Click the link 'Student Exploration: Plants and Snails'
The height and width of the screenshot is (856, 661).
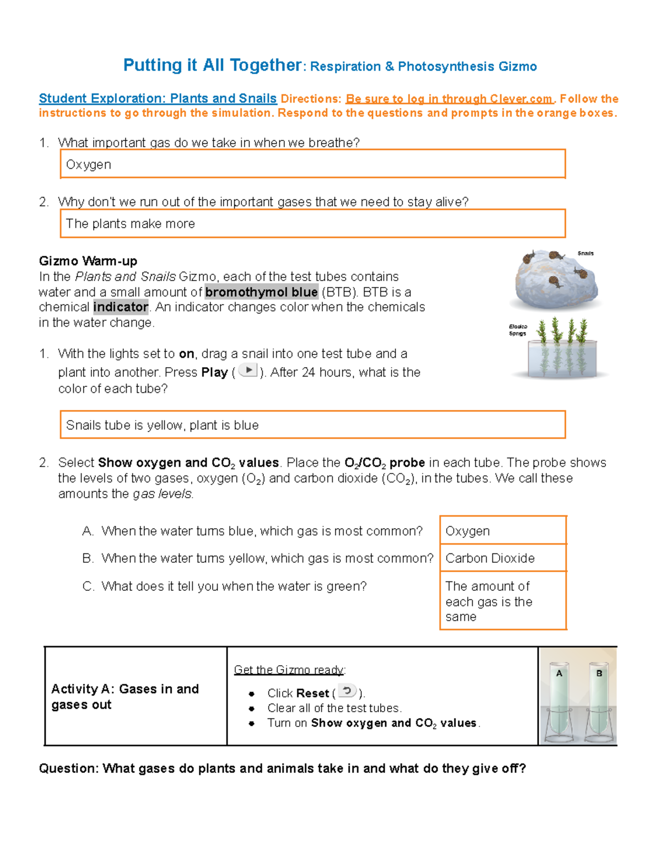pyautogui.click(x=158, y=99)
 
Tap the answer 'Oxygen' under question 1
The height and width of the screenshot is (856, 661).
pyautogui.click(x=89, y=165)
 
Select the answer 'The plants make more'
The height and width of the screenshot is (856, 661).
pyautogui.click(x=131, y=224)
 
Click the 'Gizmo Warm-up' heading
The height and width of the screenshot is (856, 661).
pyautogui.click(x=88, y=261)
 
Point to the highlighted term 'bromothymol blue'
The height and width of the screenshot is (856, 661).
pyautogui.click(x=261, y=292)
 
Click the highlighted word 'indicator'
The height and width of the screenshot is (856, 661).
pyautogui.click(x=121, y=307)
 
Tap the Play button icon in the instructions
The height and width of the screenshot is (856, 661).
pyautogui.click(x=248, y=370)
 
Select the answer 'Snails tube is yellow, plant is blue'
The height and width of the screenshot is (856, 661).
pyautogui.click(x=162, y=425)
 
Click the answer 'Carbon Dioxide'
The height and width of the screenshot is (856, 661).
pyautogui.click(x=490, y=558)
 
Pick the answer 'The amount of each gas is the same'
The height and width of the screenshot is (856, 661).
pyautogui.click(x=489, y=601)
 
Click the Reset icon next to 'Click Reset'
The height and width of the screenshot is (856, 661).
pyautogui.click(x=347, y=691)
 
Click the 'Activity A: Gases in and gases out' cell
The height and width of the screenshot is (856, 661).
pyautogui.click(x=125, y=697)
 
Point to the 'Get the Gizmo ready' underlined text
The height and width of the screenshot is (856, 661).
pyautogui.click(x=289, y=670)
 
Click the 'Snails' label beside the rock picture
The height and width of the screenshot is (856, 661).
pyautogui.click(x=586, y=254)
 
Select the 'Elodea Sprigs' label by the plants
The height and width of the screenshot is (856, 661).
pyautogui.click(x=518, y=330)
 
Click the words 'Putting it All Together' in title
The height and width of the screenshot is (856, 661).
pyautogui.click(x=213, y=65)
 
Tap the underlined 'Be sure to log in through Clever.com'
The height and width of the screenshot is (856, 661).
pyautogui.click(x=449, y=99)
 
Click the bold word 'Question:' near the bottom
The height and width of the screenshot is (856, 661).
pyautogui.click(x=69, y=768)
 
